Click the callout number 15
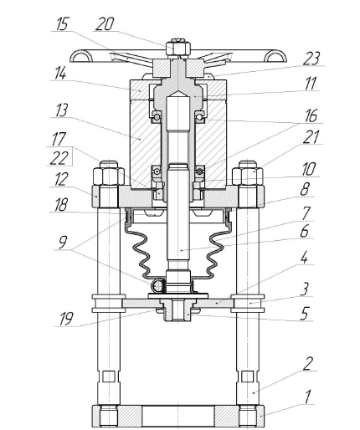(62, 24)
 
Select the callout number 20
(105, 24)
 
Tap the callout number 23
(311, 58)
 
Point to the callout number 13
(61, 110)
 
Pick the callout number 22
(59, 158)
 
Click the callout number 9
(63, 242)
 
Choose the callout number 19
(66, 319)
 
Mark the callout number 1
(307, 397)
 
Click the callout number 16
(311, 115)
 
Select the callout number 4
(304, 258)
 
